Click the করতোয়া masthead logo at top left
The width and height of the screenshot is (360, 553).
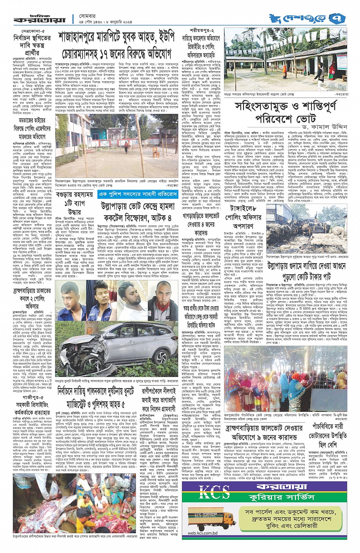(40, 19)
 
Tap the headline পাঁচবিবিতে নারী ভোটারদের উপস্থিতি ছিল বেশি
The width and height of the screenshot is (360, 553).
(328, 435)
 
